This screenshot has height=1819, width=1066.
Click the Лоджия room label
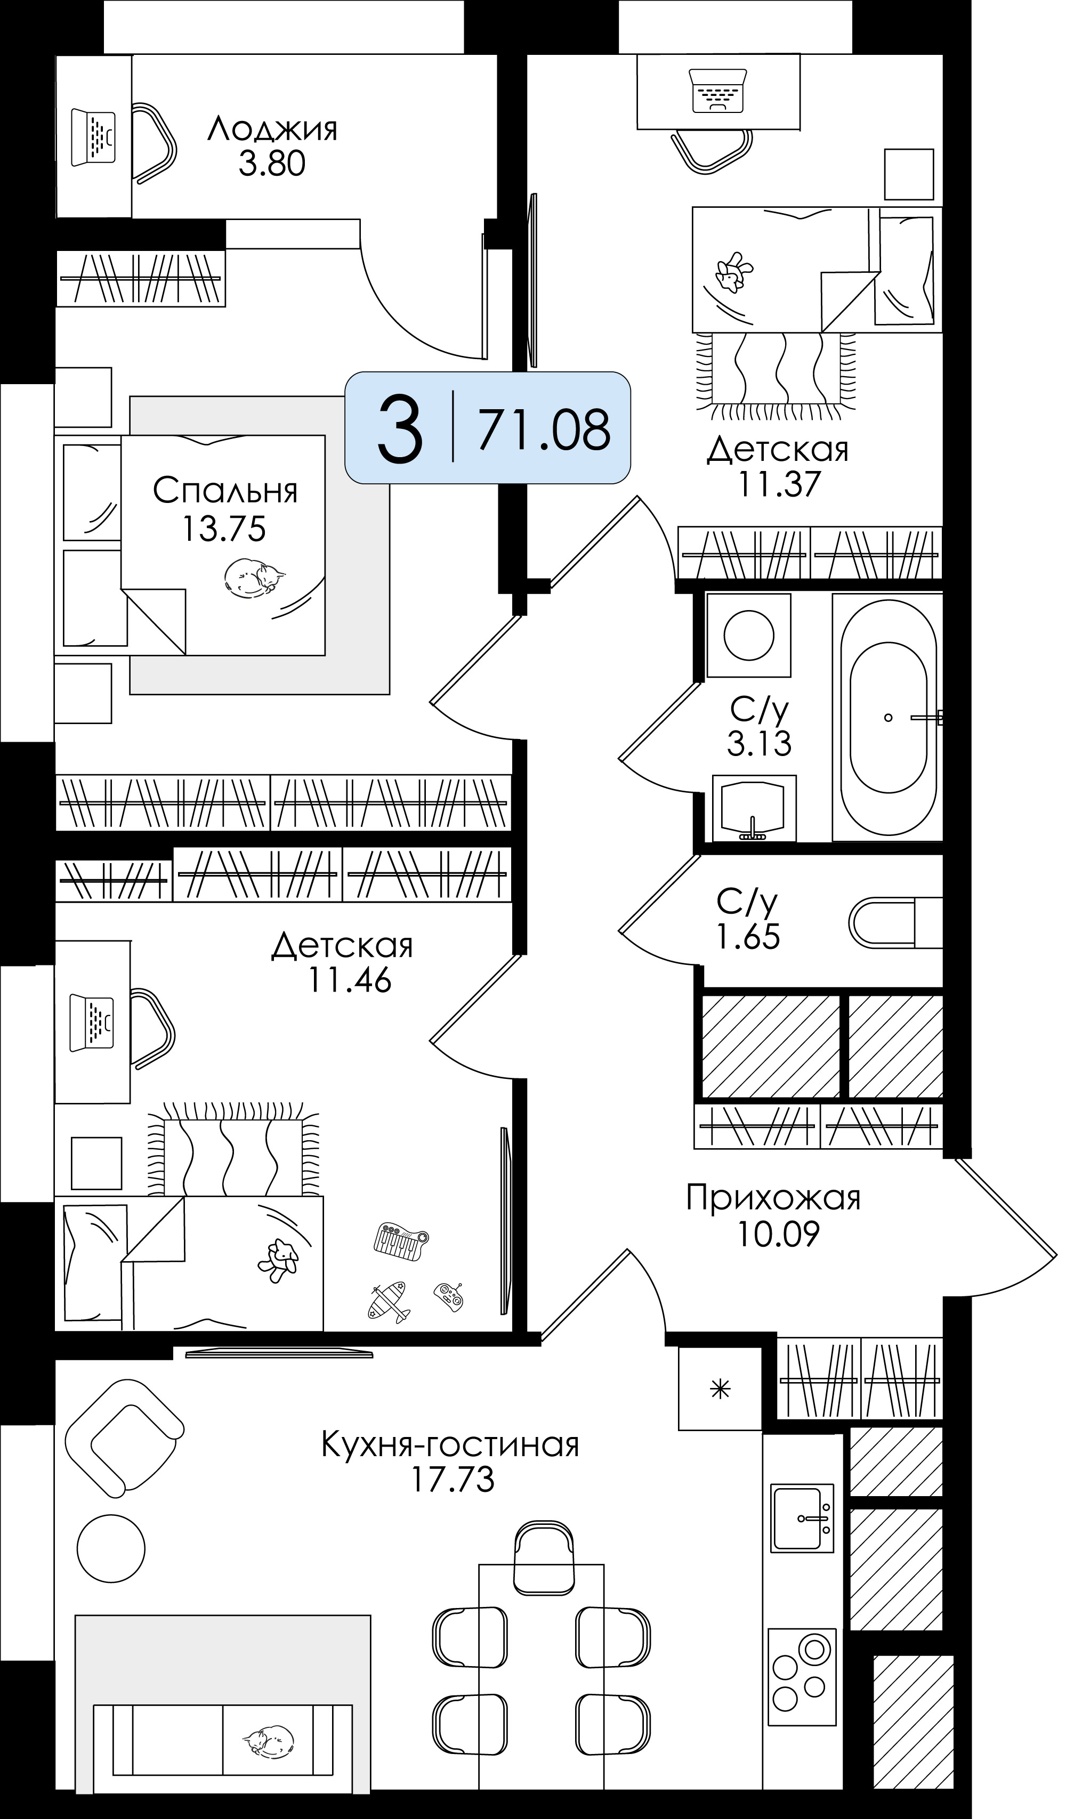pyautogui.click(x=272, y=129)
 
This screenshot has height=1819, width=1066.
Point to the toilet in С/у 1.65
pyautogui.click(x=895, y=922)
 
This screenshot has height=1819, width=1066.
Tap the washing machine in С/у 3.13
pyautogui.click(x=748, y=635)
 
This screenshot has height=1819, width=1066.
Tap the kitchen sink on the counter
pyautogui.click(x=802, y=1518)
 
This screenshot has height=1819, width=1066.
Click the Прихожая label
pyautogui.click(x=773, y=1198)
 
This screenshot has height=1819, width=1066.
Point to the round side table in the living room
pyautogui.click(x=111, y=1548)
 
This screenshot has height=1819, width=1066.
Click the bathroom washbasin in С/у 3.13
pyautogui.click(x=754, y=808)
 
